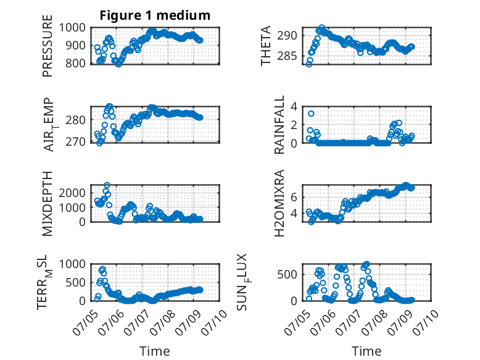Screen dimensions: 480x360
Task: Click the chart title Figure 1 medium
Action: pos(155,15)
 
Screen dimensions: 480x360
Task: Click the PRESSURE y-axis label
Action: pos(48,46)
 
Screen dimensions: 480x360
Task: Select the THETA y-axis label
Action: pos(266,46)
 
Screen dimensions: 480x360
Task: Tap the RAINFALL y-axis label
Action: pos(279,125)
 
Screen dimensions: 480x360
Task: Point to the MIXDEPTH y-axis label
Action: pos(48,203)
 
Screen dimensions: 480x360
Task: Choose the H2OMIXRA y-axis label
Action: pos(279,203)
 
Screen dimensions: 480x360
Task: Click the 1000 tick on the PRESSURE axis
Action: pos(72,28)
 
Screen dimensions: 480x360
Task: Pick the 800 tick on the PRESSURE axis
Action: pos(76,64)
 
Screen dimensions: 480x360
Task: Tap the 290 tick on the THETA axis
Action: pos(287,36)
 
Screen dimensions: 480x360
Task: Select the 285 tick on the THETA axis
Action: pos(287,56)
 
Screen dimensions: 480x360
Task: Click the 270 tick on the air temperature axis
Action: pos(76,142)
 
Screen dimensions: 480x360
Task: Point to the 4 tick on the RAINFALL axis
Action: pos(294,107)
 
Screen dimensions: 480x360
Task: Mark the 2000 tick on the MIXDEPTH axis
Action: pos(72,193)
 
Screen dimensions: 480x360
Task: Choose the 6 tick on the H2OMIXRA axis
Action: pos(294,197)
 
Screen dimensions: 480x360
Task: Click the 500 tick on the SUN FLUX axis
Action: pos(287,274)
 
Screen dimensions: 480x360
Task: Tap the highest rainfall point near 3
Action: pos(311,114)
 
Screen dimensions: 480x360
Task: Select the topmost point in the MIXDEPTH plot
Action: pos(107,185)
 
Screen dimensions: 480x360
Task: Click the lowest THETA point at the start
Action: pos(309,64)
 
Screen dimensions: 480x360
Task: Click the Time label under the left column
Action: pos(155,351)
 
